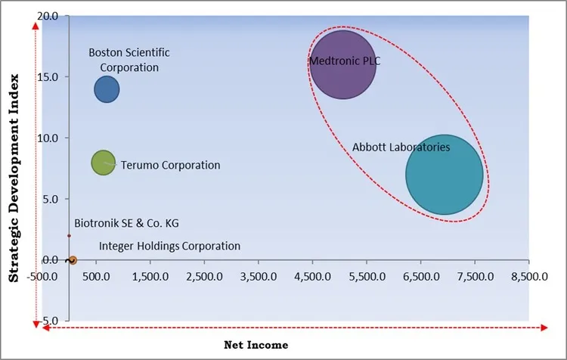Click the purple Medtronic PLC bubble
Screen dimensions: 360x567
point(343,65)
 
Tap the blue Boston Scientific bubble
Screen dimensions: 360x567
point(107,90)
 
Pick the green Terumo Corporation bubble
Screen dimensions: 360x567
point(103,162)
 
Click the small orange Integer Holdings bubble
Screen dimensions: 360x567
point(72,260)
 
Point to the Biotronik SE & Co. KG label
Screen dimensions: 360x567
point(127,223)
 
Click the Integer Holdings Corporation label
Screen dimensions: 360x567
point(169,246)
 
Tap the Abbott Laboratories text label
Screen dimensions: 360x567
point(401,147)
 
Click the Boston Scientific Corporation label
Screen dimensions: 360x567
point(129,60)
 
